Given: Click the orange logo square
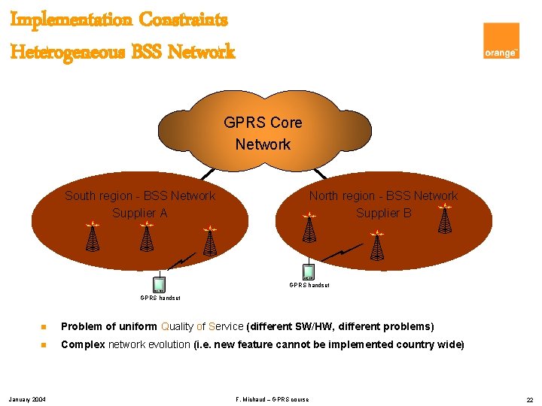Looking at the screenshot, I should (x=501, y=41).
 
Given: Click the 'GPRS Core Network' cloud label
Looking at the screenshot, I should (x=263, y=133).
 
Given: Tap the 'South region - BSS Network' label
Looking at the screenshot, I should (x=140, y=196).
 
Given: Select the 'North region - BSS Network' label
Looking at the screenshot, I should (x=383, y=196).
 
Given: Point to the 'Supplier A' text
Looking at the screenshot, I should (x=139, y=213).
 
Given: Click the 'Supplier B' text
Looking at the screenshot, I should (x=384, y=213).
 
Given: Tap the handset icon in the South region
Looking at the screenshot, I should (x=159, y=284).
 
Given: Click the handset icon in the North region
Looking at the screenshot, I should (x=309, y=271).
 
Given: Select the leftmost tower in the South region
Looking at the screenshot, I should (x=92, y=237).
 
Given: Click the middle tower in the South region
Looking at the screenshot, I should (x=147, y=237).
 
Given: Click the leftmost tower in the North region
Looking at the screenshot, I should (x=309, y=228).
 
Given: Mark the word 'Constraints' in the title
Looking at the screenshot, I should (x=181, y=20).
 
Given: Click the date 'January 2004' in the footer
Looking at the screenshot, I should (x=28, y=398).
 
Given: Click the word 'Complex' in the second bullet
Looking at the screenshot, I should (x=83, y=344).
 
